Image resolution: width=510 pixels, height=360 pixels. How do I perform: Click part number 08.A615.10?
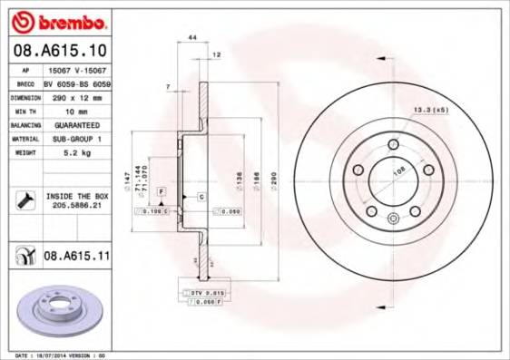(x=62, y=50)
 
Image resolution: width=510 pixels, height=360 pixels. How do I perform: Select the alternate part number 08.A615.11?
(x=76, y=257)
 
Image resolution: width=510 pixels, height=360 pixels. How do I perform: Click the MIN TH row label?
(x=25, y=110)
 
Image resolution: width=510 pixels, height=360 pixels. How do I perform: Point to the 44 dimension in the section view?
(x=191, y=37)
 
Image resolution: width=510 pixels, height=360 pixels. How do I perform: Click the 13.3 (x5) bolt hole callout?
(x=431, y=110)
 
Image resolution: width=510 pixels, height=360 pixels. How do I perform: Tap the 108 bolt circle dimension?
(x=397, y=170)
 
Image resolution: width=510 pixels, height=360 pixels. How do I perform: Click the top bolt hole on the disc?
(x=392, y=146)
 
